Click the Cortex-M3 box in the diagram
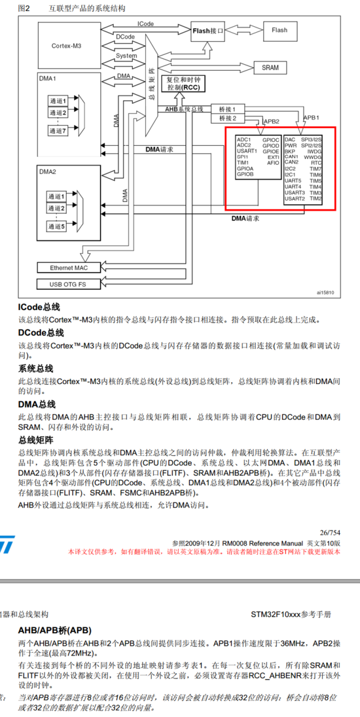(67, 46)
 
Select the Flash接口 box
(208, 30)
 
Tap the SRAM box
(270, 67)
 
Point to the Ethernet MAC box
(67, 268)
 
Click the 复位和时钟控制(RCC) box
(183, 83)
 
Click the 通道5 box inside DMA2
(58, 226)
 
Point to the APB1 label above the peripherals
(311, 118)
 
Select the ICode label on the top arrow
(145, 24)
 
